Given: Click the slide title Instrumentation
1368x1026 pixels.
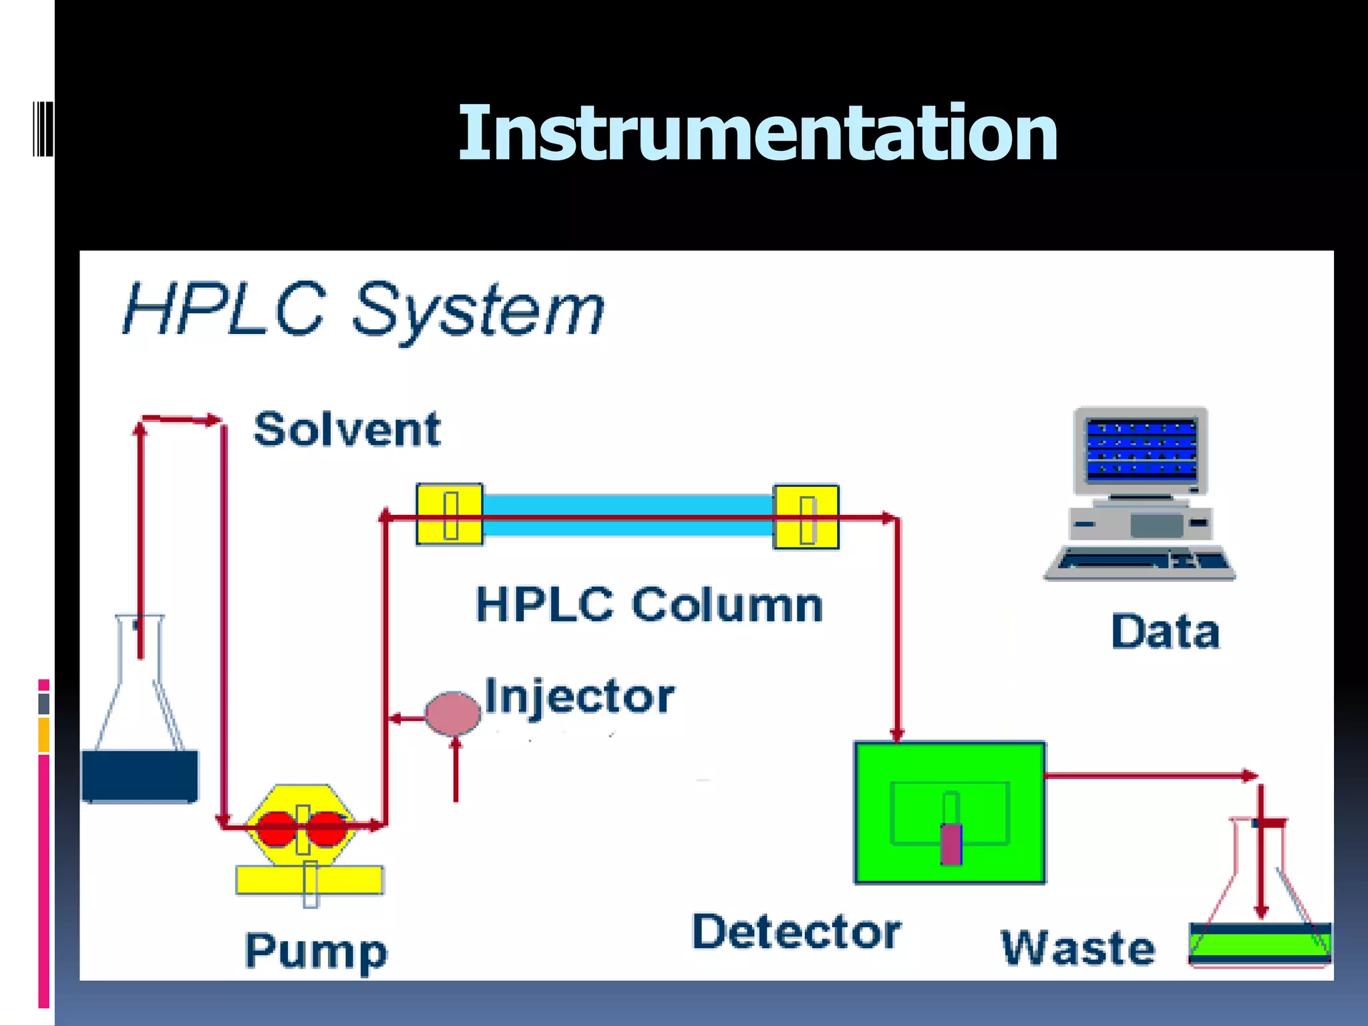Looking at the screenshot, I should tap(757, 134).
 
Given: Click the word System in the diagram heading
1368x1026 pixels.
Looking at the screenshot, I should tap(478, 310).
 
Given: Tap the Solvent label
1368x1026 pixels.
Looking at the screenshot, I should tap(347, 430).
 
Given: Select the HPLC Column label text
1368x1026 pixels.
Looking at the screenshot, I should tap(649, 605).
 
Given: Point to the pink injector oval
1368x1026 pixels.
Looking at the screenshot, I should tap(453, 713).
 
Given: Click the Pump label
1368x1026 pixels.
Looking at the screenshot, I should tap(316, 951).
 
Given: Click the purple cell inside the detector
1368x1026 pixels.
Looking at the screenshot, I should tap(951, 844).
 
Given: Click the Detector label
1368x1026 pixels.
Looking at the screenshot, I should tap(796, 932).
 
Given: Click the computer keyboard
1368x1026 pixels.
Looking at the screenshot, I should tap(1140, 562).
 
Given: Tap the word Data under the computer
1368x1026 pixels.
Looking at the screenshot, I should tap(1165, 632).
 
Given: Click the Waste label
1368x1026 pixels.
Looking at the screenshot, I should tap(1078, 949).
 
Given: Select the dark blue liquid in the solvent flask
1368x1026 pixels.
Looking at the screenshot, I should tap(140, 775).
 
